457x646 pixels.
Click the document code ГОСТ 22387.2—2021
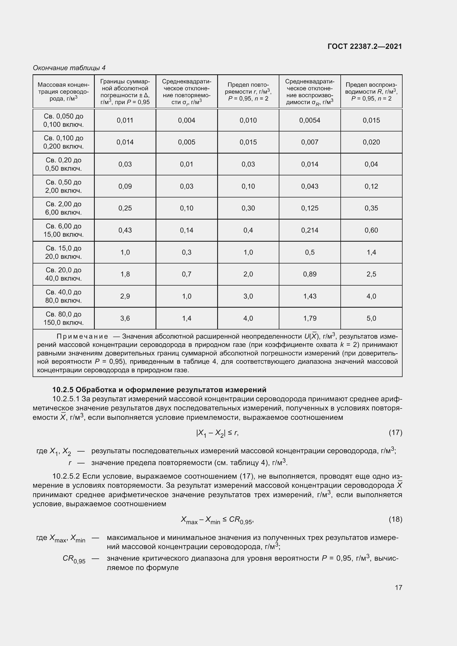click(x=365, y=46)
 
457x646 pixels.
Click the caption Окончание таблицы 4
click(x=69, y=68)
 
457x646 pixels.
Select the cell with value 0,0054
click(x=309, y=120)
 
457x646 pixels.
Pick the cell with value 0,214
click(x=309, y=230)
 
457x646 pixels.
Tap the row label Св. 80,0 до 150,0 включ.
click(x=64, y=318)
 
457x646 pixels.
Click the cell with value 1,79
click(x=309, y=318)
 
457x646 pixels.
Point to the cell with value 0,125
click(x=309, y=208)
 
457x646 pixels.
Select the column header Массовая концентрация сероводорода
click(x=64, y=91)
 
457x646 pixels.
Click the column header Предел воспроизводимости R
click(x=371, y=91)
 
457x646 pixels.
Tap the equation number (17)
click(x=395, y=433)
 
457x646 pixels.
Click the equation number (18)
click(x=395, y=519)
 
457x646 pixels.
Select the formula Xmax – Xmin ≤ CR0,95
click(x=217, y=520)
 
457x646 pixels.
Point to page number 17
click(x=398, y=587)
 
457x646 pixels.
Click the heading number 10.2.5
click(x=63, y=390)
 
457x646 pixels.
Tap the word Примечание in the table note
click(x=82, y=336)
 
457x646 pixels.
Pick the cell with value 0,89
click(x=309, y=274)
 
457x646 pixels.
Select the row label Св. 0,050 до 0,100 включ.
click(x=64, y=120)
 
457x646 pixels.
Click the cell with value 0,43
click(x=125, y=230)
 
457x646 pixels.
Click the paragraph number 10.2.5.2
click(x=66, y=476)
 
